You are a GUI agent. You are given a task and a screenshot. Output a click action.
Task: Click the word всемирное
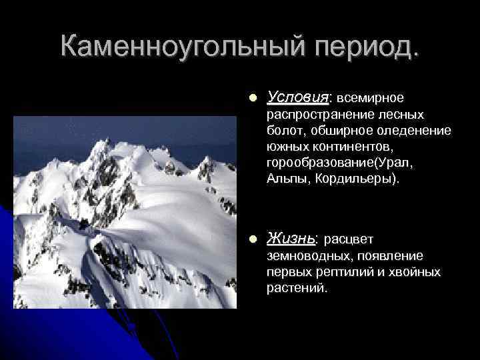(x=369, y=98)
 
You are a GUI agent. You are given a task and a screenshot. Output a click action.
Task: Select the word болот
(x=283, y=131)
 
